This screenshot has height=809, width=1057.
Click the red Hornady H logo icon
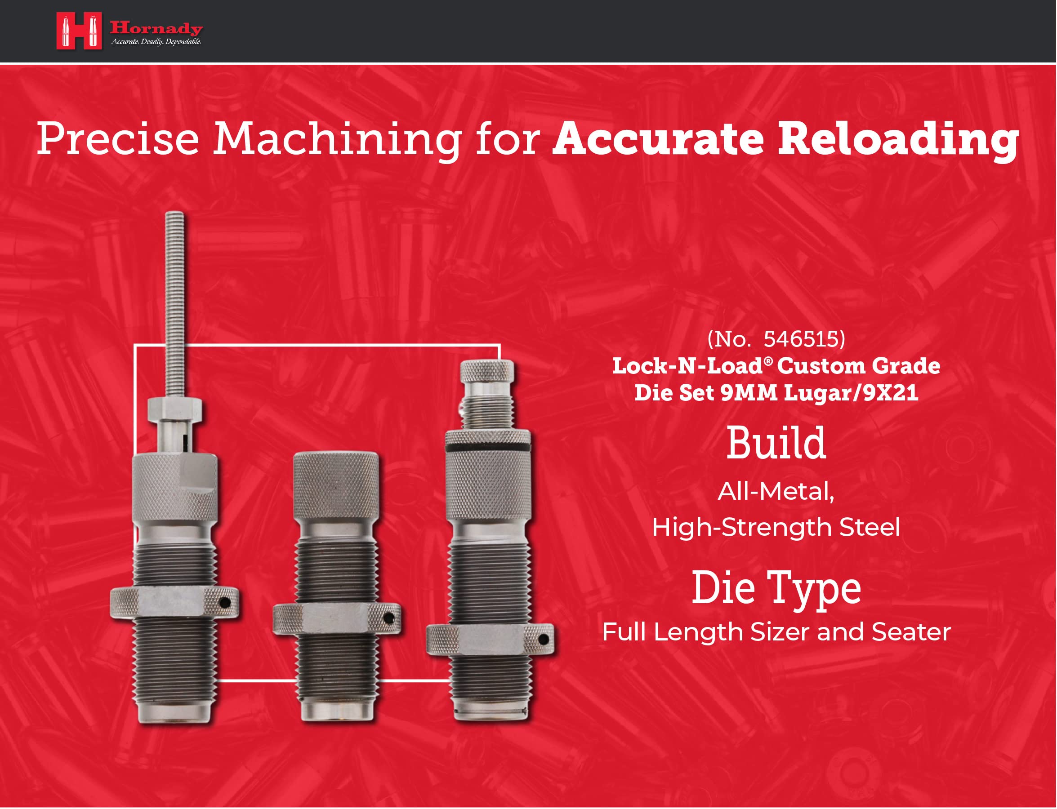79,31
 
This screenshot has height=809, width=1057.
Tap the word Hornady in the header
156,28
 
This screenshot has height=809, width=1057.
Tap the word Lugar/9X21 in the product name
851,393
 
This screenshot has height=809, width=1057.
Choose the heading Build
776,443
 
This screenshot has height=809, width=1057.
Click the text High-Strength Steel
776,527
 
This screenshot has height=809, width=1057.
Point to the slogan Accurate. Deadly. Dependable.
156,42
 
